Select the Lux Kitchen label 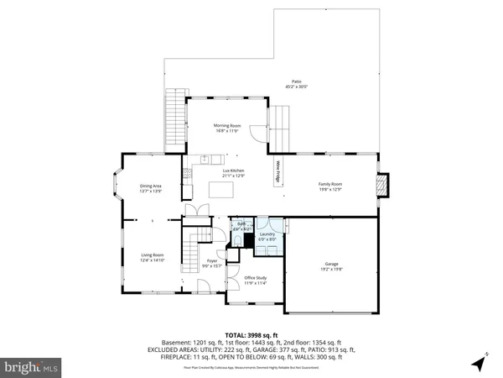pos(233,174)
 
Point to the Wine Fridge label pos(277,171)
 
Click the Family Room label pos(329,187)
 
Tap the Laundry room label pos(267,237)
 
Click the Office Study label pos(255,281)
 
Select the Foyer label pos(210,265)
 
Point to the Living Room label pos(152,258)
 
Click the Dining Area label pos(151,188)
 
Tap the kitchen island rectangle pos(222,191)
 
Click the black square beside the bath pos(248,239)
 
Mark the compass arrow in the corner pos(478,363)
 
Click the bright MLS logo pos(32,368)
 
